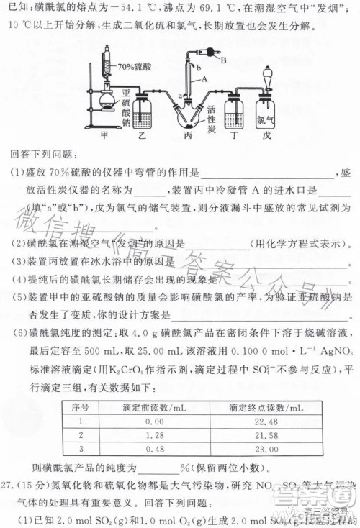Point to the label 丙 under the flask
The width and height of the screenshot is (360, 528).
189,134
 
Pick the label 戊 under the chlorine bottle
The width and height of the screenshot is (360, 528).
267,134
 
